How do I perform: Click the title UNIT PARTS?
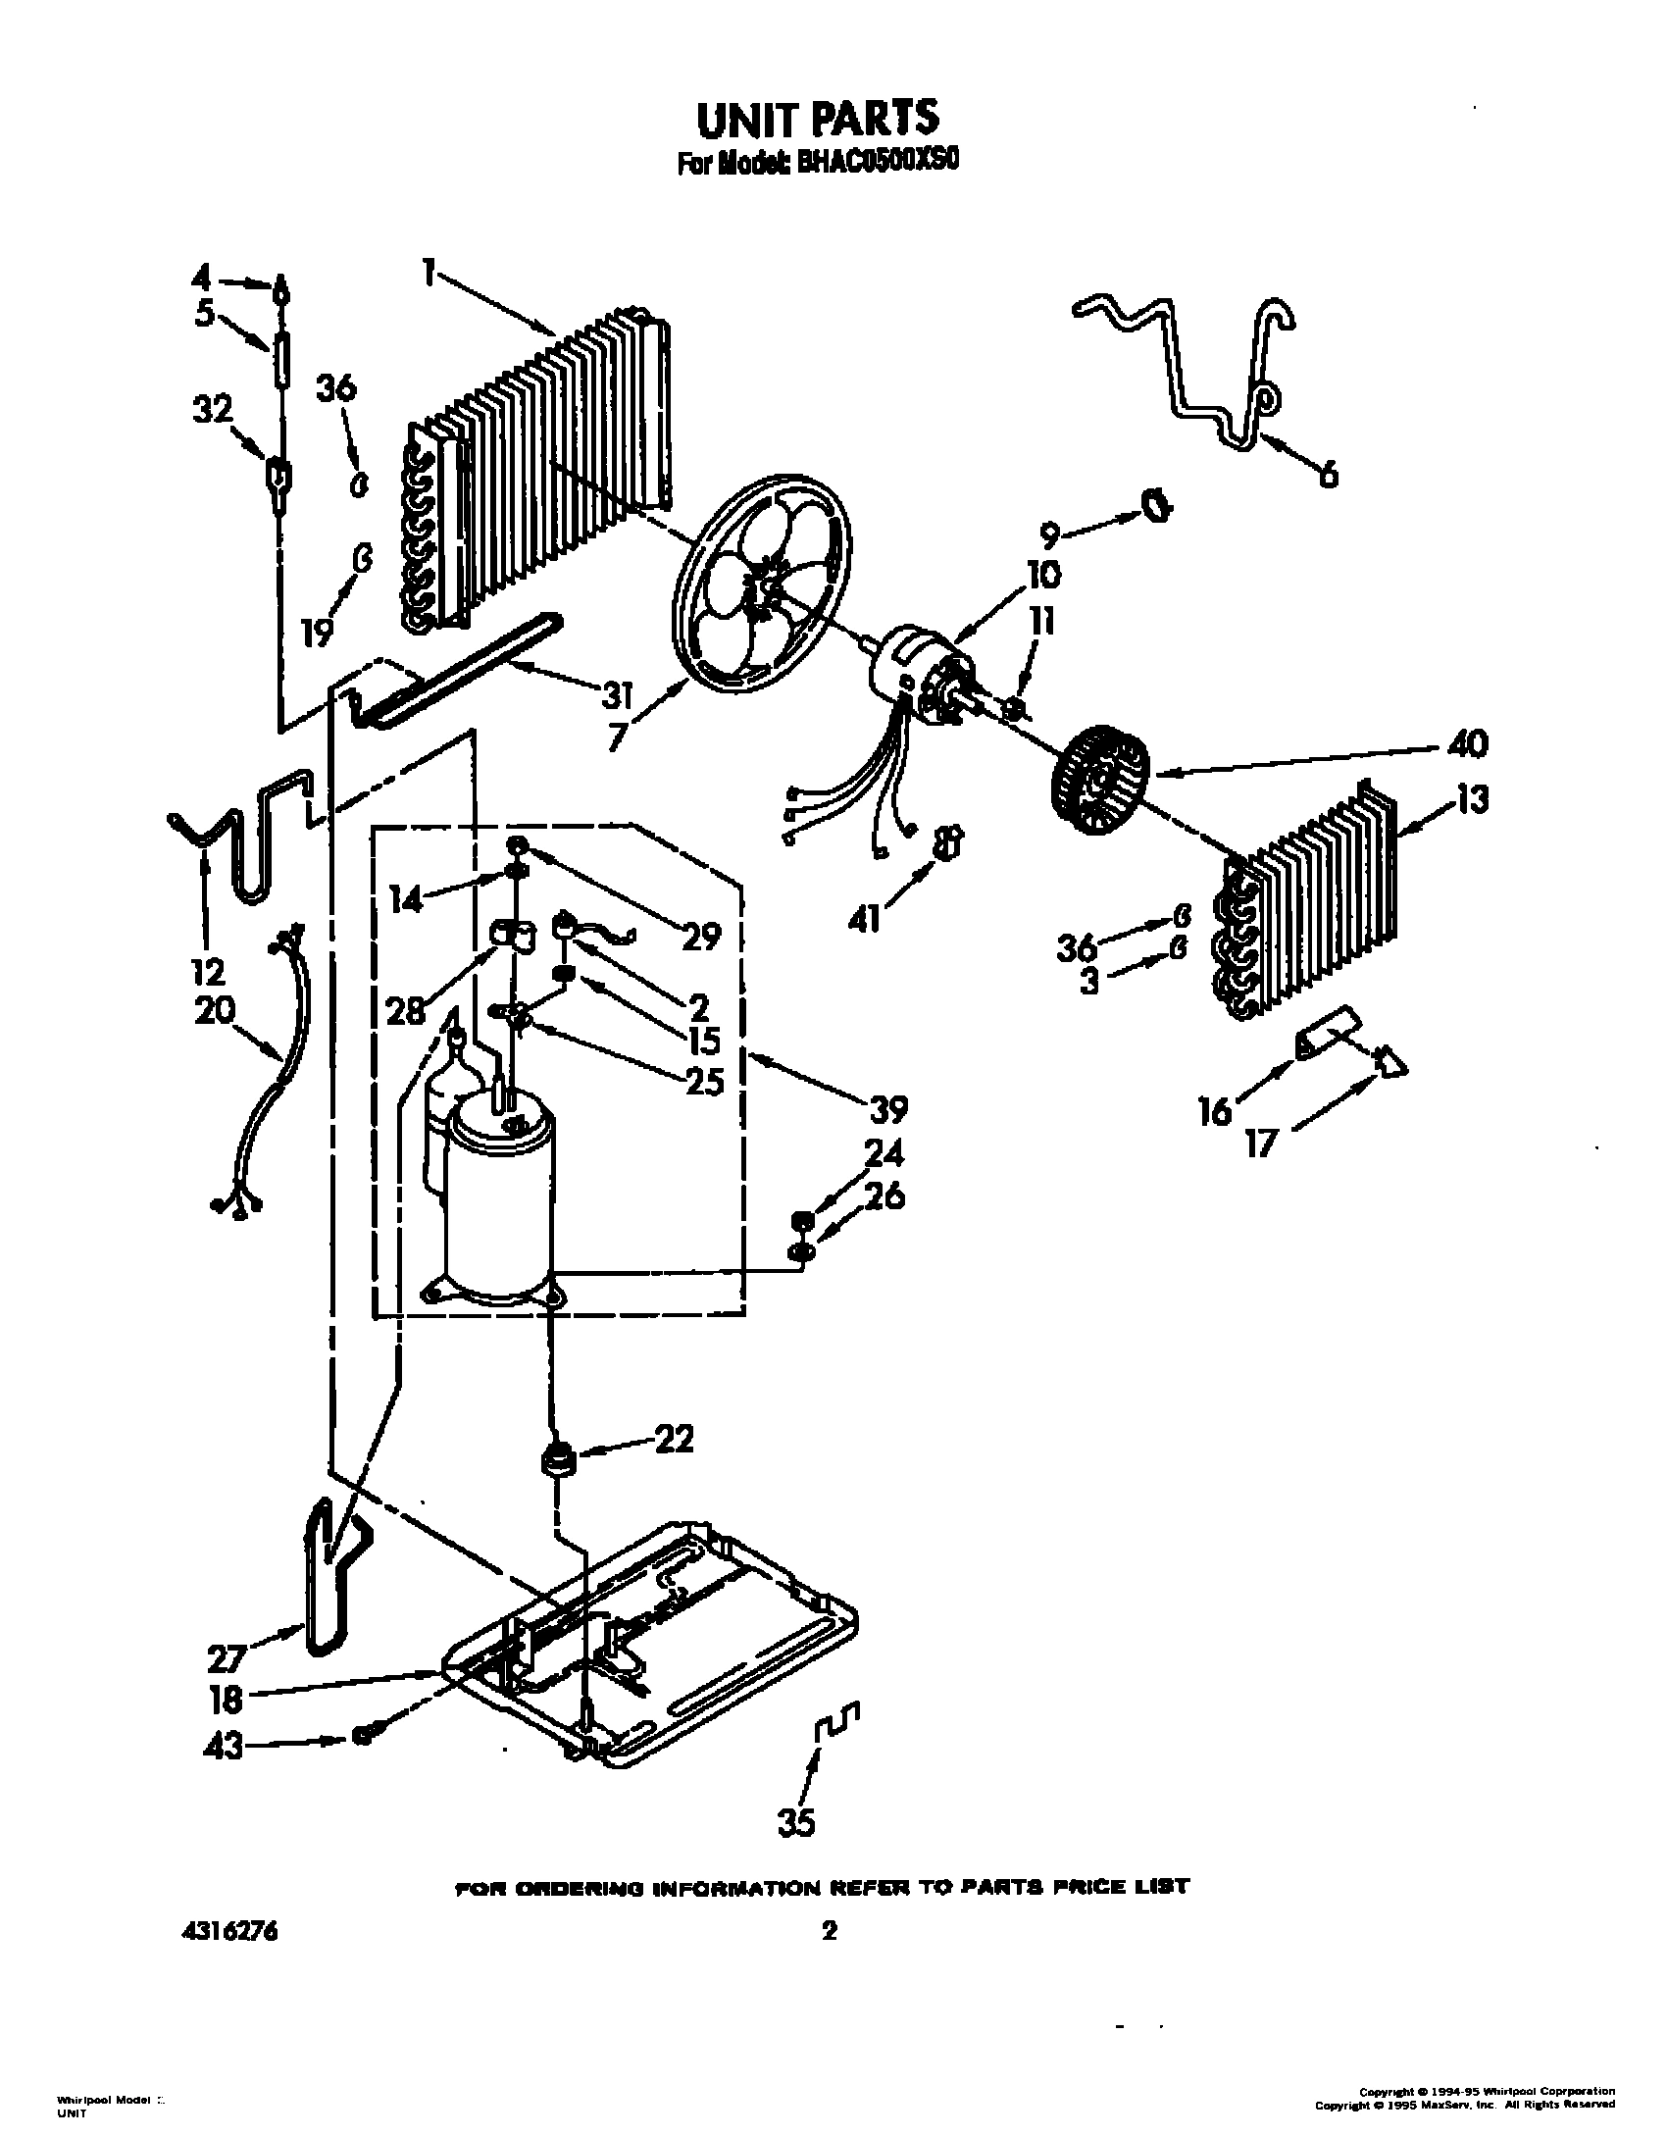tap(817, 117)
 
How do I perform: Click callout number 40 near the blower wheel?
tap(1466, 743)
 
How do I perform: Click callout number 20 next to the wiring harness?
tap(215, 1010)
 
